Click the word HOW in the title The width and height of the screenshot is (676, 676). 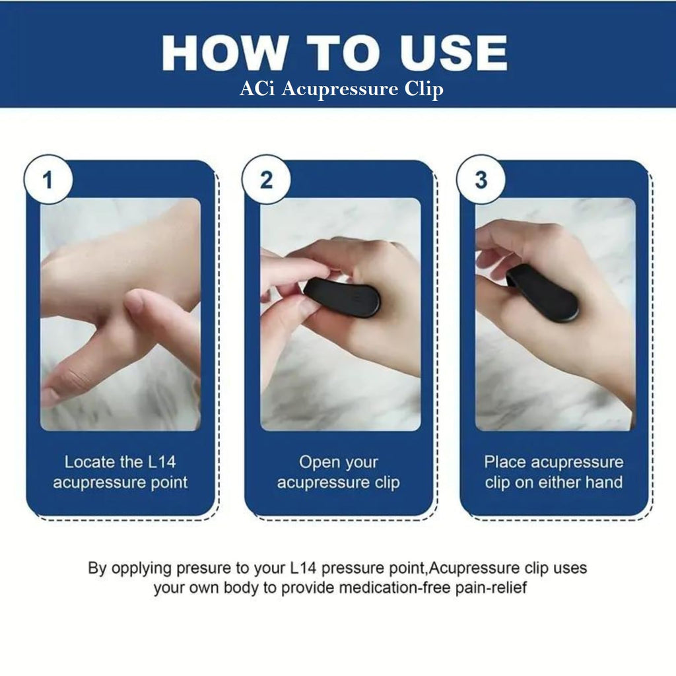226,53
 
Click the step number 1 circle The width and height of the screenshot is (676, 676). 48,180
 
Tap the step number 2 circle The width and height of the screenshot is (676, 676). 266,180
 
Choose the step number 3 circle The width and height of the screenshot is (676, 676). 481,180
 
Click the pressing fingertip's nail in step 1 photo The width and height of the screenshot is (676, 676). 135,301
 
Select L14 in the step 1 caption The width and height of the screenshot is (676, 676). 162,462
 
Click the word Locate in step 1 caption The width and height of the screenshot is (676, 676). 90,462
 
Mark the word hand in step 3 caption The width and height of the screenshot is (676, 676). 603,482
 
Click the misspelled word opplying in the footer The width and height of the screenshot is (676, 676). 142,569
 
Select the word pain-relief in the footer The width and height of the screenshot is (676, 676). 491,588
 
